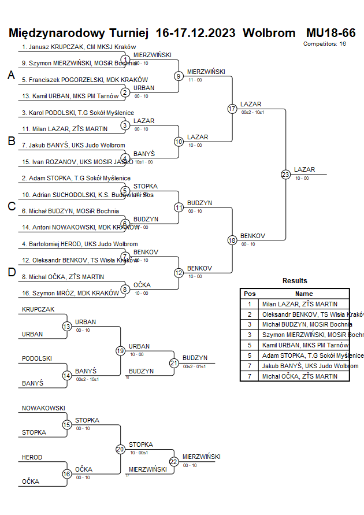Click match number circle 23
click(x=285, y=174)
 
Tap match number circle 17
click(x=232, y=109)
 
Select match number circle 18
click(x=232, y=240)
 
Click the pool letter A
click(x=11, y=75)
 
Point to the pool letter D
click(x=11, y=272)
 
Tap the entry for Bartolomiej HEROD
click(x=80, y=244)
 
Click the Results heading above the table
click(x=295, y=280)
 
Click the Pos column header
click(x=250, y=294)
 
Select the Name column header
click(x=304, y=294)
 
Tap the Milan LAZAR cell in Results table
click(x=298, y=304)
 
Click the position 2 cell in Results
click(x=250, y=314)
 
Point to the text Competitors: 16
click(x=325, y=43)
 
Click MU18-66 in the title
click(x=330, y=32)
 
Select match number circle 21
click(x=174, y=363)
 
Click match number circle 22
click(x=174, y=461)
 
